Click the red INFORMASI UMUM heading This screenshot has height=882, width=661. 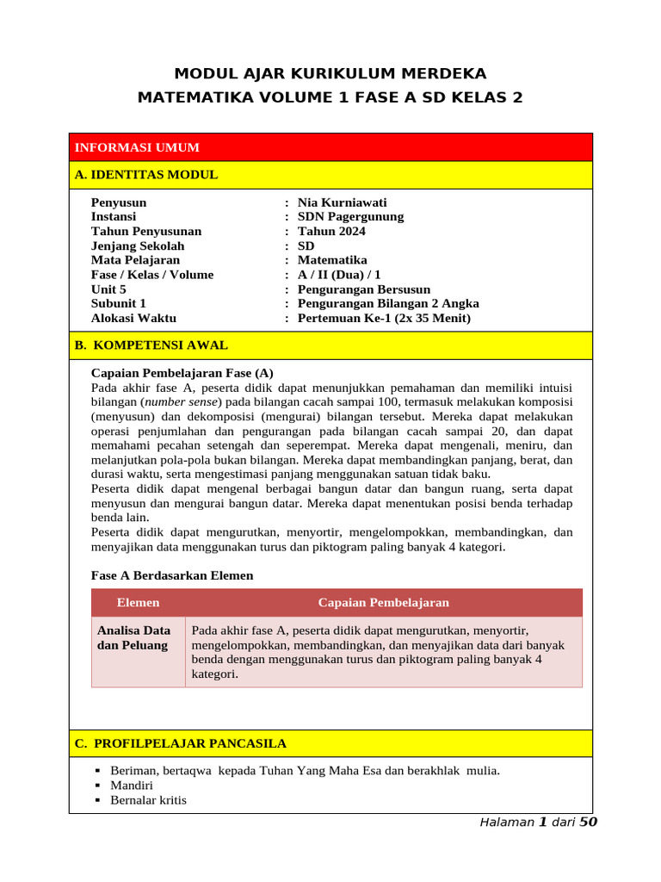[137, 147]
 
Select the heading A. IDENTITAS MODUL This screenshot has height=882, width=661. [146, 175]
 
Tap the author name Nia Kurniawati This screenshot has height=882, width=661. [342, 202]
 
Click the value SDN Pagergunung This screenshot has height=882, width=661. [350, 217]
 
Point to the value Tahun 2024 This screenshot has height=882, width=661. [331, 231]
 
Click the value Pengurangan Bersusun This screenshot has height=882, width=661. [364, 289]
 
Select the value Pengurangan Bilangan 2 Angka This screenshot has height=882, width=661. [388, 303]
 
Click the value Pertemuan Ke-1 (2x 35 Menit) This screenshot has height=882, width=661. [384, 318]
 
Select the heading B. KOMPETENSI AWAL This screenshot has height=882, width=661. [151, 345]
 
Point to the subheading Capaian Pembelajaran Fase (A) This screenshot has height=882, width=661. [182, 373]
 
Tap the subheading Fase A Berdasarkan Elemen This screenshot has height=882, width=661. [172, 575]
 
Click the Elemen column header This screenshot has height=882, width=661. [138, 603]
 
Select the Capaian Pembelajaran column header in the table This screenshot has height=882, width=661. [383, 603]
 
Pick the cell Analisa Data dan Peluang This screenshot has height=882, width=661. [133, 638]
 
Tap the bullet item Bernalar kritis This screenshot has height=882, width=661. [148, 800]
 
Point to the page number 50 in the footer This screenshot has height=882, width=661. [588, 822]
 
